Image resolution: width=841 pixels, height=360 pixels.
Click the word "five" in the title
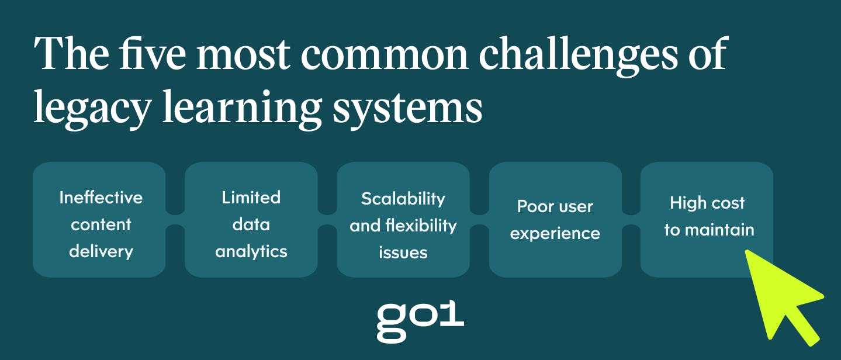[x=153, y=53]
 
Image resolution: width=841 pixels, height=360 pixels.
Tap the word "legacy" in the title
[x=92, y=109]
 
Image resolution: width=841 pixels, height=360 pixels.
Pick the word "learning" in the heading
[x=243, y=109]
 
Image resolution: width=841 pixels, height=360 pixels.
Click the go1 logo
[x=420, y=321]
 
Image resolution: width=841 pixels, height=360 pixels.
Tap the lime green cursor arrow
[x=781, y=295]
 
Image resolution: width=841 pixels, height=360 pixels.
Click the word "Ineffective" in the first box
[x=101, y=198]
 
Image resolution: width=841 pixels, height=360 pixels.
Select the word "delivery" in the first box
[x=101, y=251]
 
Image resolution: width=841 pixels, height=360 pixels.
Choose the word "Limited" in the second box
[x=251, y=198]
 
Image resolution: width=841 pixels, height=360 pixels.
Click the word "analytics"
[x=251, y=251]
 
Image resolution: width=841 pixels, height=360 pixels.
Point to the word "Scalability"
[x=403, y=199]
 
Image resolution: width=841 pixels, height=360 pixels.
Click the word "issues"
[x=403, y=252]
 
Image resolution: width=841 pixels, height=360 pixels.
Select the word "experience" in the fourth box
[x=555, y=234]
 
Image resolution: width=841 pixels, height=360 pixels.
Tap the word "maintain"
[x=720, y=230]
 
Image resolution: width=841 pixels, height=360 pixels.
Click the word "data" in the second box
[x=251, y=224]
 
